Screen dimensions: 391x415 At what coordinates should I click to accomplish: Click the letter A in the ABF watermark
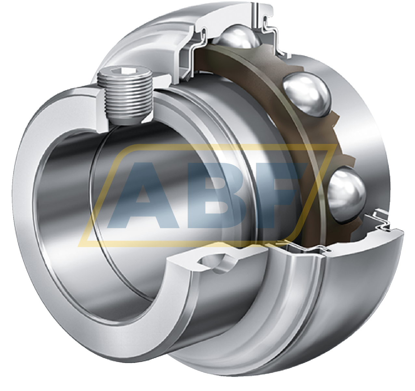143,195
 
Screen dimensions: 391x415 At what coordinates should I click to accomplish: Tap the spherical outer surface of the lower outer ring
358,293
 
